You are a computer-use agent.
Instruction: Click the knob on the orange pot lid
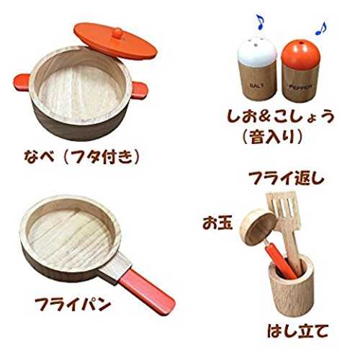[117, 33]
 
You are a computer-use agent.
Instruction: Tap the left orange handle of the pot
[22, 82]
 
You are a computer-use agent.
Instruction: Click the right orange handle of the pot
[139, 90]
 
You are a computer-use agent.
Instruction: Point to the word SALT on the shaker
[257, 85]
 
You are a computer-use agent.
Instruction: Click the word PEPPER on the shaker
[301, 86]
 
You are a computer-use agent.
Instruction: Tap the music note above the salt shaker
[260, 22]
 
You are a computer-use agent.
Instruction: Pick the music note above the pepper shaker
[321, 28]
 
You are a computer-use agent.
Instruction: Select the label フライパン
[73, 305]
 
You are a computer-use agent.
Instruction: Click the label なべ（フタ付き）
[81, 157]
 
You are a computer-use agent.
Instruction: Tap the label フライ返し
[287, 178]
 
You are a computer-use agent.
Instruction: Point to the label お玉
[217, 223]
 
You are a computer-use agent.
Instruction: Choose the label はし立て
[297, 330]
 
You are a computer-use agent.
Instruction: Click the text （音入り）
[272, 137]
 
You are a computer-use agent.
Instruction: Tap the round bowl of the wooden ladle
[258, 227]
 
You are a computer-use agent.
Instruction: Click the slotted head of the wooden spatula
[284, 210]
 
